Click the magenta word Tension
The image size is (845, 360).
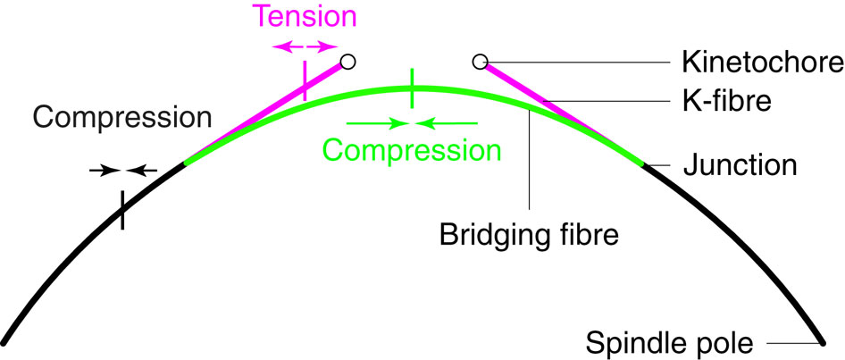tap(305, 16)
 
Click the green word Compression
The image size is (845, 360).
tap(412, 148)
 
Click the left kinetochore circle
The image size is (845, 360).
tap(349, 62)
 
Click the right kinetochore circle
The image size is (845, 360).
tap(480, 62)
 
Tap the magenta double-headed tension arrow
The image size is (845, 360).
tap(305, 45)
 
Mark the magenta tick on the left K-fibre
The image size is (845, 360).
tap(305, 80)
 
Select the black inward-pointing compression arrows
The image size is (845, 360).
tap(123, 168)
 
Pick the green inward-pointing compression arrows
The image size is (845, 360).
tap(412, 121)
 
